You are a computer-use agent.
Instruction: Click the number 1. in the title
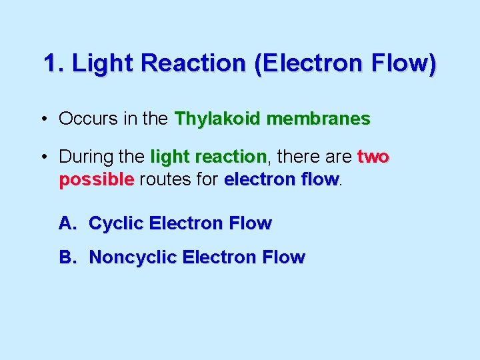coord(54,64)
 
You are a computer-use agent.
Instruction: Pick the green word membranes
coord(318,119)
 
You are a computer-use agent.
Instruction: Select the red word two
coord(373,157)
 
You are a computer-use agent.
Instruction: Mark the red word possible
coord(97,180)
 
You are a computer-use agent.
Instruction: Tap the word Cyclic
coord(117,224)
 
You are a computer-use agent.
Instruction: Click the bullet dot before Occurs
coord(43,120)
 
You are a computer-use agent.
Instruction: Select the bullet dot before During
coord(43,158)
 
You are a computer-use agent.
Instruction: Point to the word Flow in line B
coord(283,257)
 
